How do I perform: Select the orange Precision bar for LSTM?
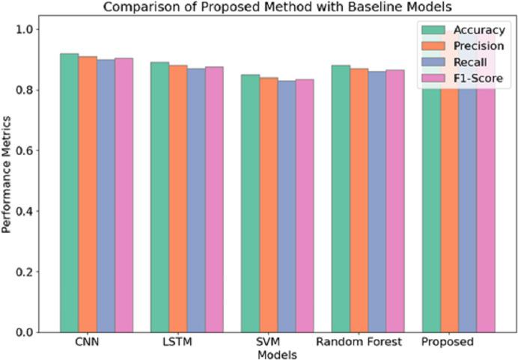click(177, 198)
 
